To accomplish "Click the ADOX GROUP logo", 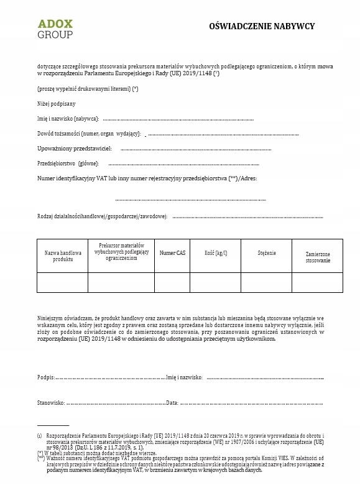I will [55, 29].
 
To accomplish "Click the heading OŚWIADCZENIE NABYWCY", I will [262, 26].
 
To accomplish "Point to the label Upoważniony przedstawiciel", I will [75, 149].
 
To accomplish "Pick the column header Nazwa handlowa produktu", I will [63, 256].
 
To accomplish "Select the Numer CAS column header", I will [172, 253].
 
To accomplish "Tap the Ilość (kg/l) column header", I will [216, 253].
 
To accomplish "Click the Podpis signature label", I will [46, 377].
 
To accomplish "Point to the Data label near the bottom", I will [172, 403].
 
